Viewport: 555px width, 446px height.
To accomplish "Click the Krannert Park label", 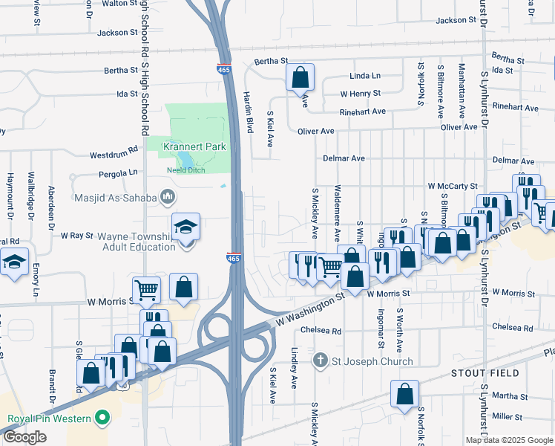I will pos(195,146).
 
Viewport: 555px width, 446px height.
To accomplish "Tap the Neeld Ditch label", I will pos(186,169).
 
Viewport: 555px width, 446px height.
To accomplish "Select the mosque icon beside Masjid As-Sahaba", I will pos(167,197).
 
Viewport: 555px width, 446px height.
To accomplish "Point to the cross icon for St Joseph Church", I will pos(321,361).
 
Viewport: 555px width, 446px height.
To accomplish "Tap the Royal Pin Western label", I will pos(49,418).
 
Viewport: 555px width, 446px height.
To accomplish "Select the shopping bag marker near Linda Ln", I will pos(300,77).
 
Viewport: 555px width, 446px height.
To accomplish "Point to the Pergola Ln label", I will pos(118,172).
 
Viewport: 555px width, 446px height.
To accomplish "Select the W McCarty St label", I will pos(452,187).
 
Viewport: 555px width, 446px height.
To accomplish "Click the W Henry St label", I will pos(360,94).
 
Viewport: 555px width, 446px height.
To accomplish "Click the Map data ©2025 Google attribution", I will pos(508,440).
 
